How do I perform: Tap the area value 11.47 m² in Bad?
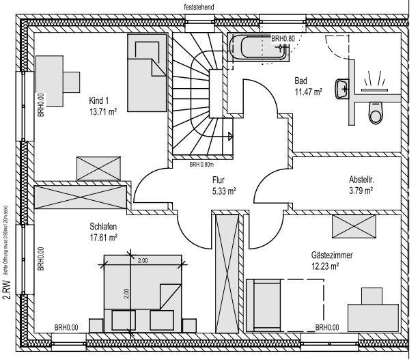click(x=308, y=91)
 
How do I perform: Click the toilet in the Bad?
click(x=375, y=113)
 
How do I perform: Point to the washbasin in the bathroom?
click(x=343, y=87)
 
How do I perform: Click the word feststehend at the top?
click(x=199, y=5)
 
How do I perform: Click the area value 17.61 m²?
click(x=103, y=237)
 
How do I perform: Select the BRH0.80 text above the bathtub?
click(x=283, y=39)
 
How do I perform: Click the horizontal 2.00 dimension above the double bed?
click(x=143, y=260)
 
